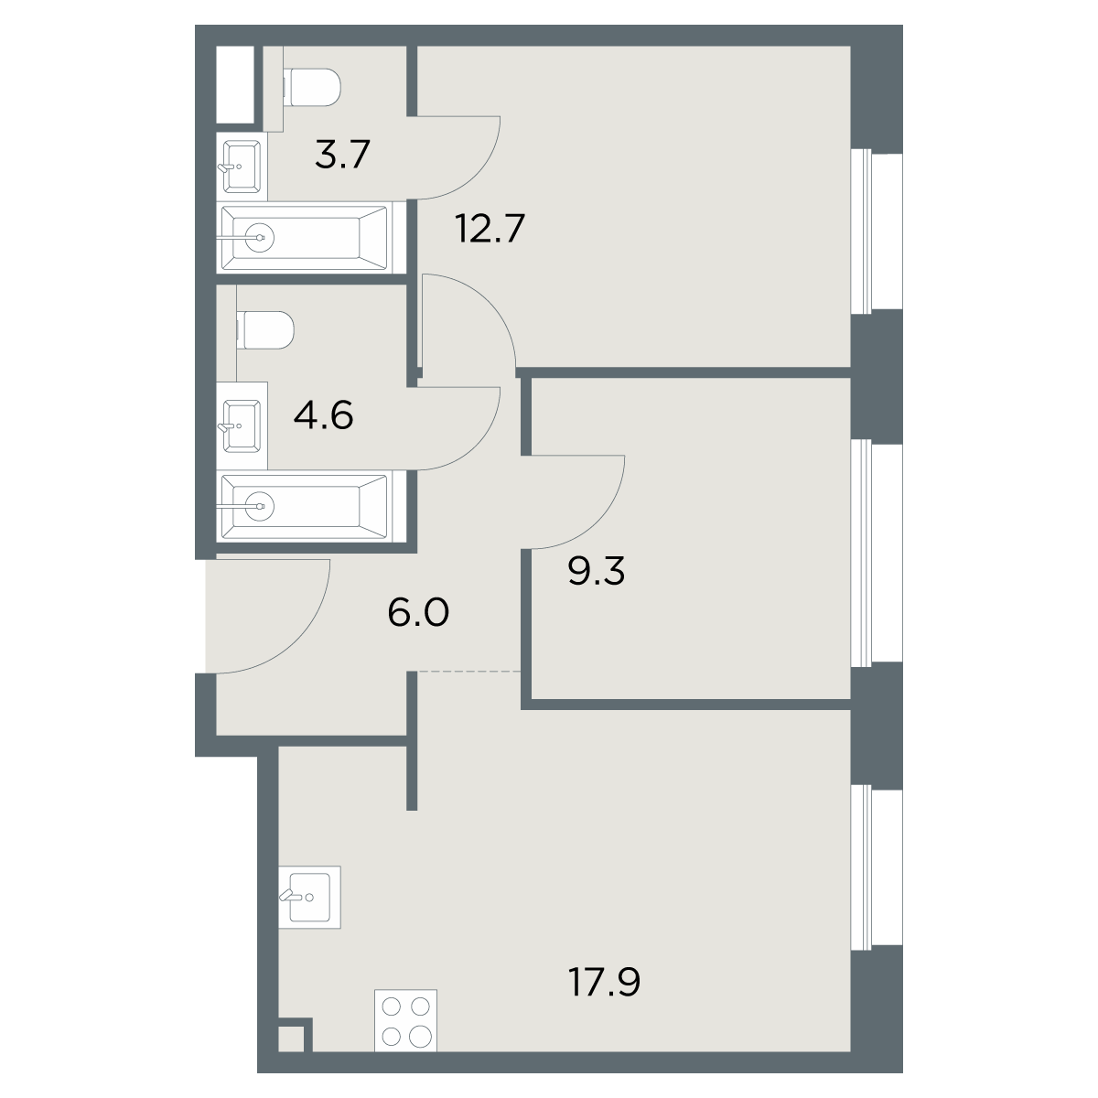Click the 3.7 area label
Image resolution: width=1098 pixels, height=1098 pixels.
(342, 155)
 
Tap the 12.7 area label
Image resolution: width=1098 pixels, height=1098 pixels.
(490, 228)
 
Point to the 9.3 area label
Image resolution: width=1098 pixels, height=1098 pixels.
(597, 571)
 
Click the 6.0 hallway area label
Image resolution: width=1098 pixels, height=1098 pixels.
(418, 612)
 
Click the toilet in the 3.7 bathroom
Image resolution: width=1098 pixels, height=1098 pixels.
(311, 87)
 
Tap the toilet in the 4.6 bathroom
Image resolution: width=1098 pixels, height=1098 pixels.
(265, 330)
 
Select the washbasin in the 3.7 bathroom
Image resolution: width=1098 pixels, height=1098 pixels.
(240, 167)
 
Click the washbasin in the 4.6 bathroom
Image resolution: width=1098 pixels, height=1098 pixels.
(240, 425)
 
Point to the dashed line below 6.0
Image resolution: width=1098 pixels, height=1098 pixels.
(469, 672)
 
